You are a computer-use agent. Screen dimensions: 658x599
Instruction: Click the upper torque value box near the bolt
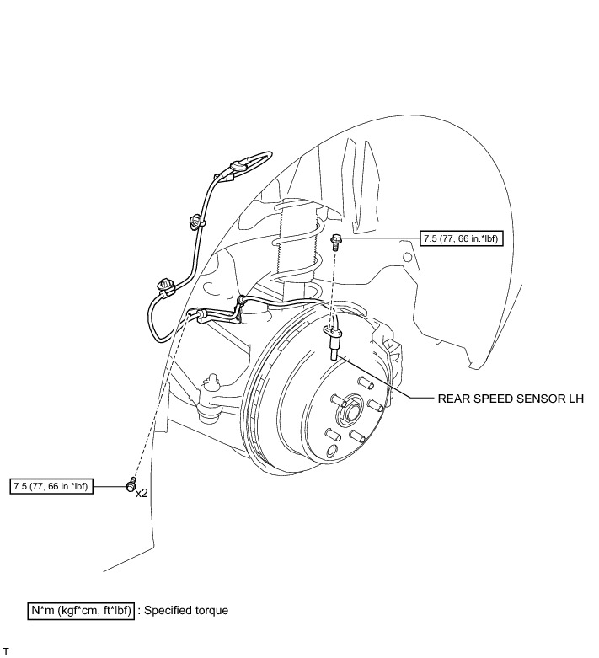pos(459,239)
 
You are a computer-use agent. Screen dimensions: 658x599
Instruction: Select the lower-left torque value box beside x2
pos(52,487)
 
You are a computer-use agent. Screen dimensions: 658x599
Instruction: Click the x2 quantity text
pos(142,492)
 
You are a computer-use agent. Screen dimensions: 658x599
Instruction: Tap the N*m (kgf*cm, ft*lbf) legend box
pos(82,610)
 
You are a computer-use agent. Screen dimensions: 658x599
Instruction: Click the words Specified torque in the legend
pos(186,610)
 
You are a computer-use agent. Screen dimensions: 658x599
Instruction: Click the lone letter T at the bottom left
pos(6,651)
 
